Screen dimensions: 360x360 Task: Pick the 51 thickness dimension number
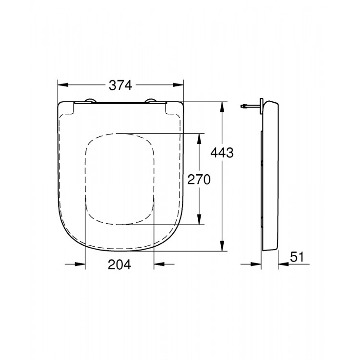click(298, 257)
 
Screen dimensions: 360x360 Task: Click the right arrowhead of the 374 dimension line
click(180, 85)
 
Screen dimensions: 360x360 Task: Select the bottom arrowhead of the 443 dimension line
click(222, 247)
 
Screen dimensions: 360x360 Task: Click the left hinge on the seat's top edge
click(89, 100)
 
